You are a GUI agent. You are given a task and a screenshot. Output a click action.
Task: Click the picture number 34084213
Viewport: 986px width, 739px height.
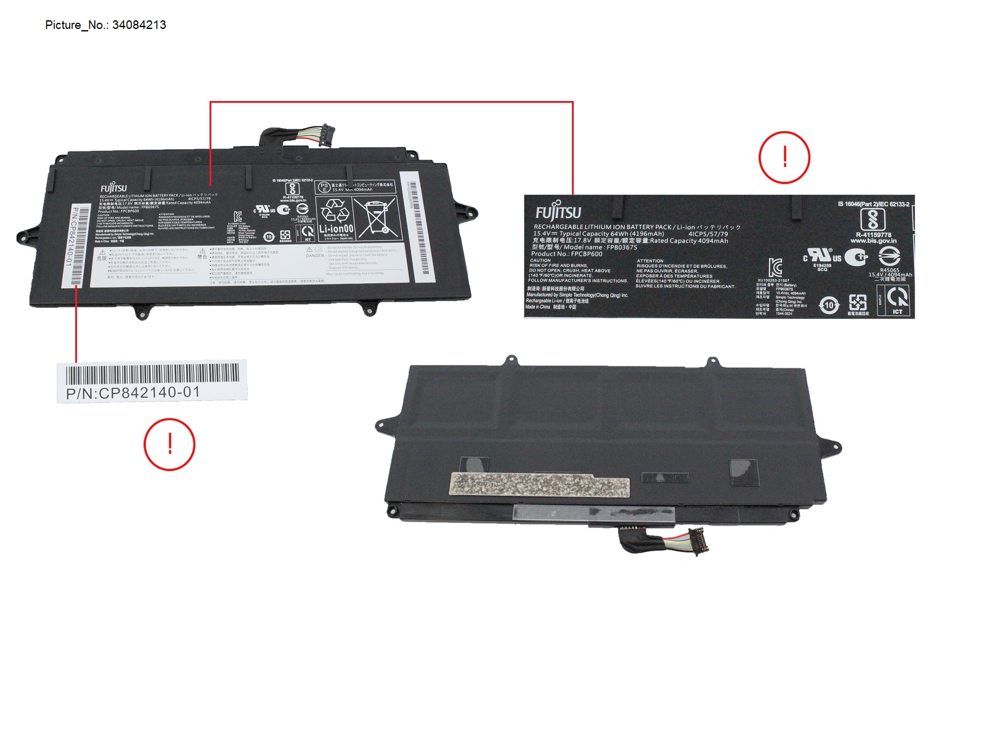click(139, 25)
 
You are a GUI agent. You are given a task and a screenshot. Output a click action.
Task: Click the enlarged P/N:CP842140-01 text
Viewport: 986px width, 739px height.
click(133, 393)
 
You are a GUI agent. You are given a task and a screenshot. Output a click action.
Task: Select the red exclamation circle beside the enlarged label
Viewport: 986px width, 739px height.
click(784, 158)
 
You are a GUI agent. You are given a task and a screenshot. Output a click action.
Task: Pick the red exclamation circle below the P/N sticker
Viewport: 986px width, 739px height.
click(169, 444)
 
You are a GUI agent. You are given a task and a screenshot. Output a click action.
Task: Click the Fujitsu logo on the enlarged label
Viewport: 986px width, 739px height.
click(558, 212)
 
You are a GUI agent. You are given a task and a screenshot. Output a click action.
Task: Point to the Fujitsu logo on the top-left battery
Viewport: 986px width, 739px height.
click(113, 188)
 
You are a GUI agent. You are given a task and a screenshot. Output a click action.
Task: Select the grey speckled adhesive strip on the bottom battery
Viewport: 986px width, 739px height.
click(540, 485)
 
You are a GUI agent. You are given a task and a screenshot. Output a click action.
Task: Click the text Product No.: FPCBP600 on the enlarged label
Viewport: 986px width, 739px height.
click(567, 254)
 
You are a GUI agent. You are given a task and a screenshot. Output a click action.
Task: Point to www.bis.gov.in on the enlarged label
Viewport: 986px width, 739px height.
click(873, 241)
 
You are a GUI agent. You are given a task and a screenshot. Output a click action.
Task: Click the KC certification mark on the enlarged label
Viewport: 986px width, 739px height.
click(775, 267)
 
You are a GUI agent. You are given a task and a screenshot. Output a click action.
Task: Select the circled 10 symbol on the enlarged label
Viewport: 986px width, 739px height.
click(829, 305)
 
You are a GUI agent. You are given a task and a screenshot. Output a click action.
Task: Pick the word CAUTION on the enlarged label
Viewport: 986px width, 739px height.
click(540, 260)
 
